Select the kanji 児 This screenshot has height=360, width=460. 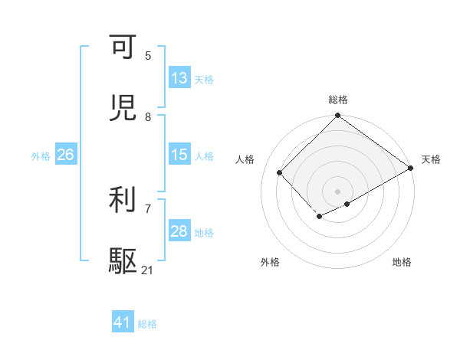tap(123, 108)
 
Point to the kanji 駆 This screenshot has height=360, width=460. tap(123, 261)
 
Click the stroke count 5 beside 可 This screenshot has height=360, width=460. tap(148, 56)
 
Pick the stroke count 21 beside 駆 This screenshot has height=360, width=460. tap(148, 271)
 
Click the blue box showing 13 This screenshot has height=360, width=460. tap(179, 78)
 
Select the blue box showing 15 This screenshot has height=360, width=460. tap(179, 155)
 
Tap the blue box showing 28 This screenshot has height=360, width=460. tap(179, 231)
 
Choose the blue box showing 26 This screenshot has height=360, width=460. tap(65, 155)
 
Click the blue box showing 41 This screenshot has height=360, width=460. tap(123, 322)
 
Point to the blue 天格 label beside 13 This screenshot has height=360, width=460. tap(204, 80)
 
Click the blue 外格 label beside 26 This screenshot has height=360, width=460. tap(41, 156)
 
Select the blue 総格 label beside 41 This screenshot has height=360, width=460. tap(147, 324)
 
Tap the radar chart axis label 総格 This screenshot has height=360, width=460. tap(338, 100)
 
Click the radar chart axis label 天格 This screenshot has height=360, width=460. tap(431, 159)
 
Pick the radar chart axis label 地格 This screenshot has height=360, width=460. tap(402, 262)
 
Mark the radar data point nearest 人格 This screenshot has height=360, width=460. tap(280, 172)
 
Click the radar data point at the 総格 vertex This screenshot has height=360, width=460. tap(338, 116)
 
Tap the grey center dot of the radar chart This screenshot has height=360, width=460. tap(338, 191)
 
